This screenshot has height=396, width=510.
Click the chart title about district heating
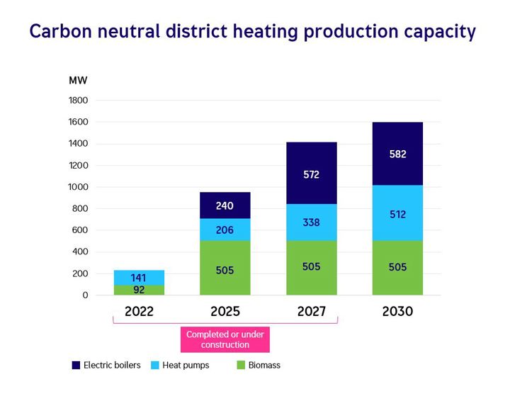coord(252,32)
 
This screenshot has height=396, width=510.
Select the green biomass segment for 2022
coord(139,290)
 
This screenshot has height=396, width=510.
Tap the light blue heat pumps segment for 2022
coord(139,277)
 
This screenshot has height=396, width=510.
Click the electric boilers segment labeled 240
coord(225,205)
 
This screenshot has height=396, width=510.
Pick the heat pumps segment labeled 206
coord(225,230)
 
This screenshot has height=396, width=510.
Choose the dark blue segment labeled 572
coord(312,174)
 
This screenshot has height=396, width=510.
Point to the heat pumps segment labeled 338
coord(312,222)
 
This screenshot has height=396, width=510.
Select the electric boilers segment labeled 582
coord(397,154)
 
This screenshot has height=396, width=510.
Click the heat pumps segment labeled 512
coord(397,213)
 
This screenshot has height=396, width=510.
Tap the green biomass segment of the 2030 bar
coord(397,267)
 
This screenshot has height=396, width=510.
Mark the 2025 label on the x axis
coord(225,312)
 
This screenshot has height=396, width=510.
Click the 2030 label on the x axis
coord(397,312)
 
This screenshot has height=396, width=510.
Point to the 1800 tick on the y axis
coord(78,101)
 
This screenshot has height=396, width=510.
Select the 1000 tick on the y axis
coord(78,187)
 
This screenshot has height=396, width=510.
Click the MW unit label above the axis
coord(78,79)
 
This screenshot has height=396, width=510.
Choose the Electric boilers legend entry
coord(106,366)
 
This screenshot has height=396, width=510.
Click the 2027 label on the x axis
coord(312,312)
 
